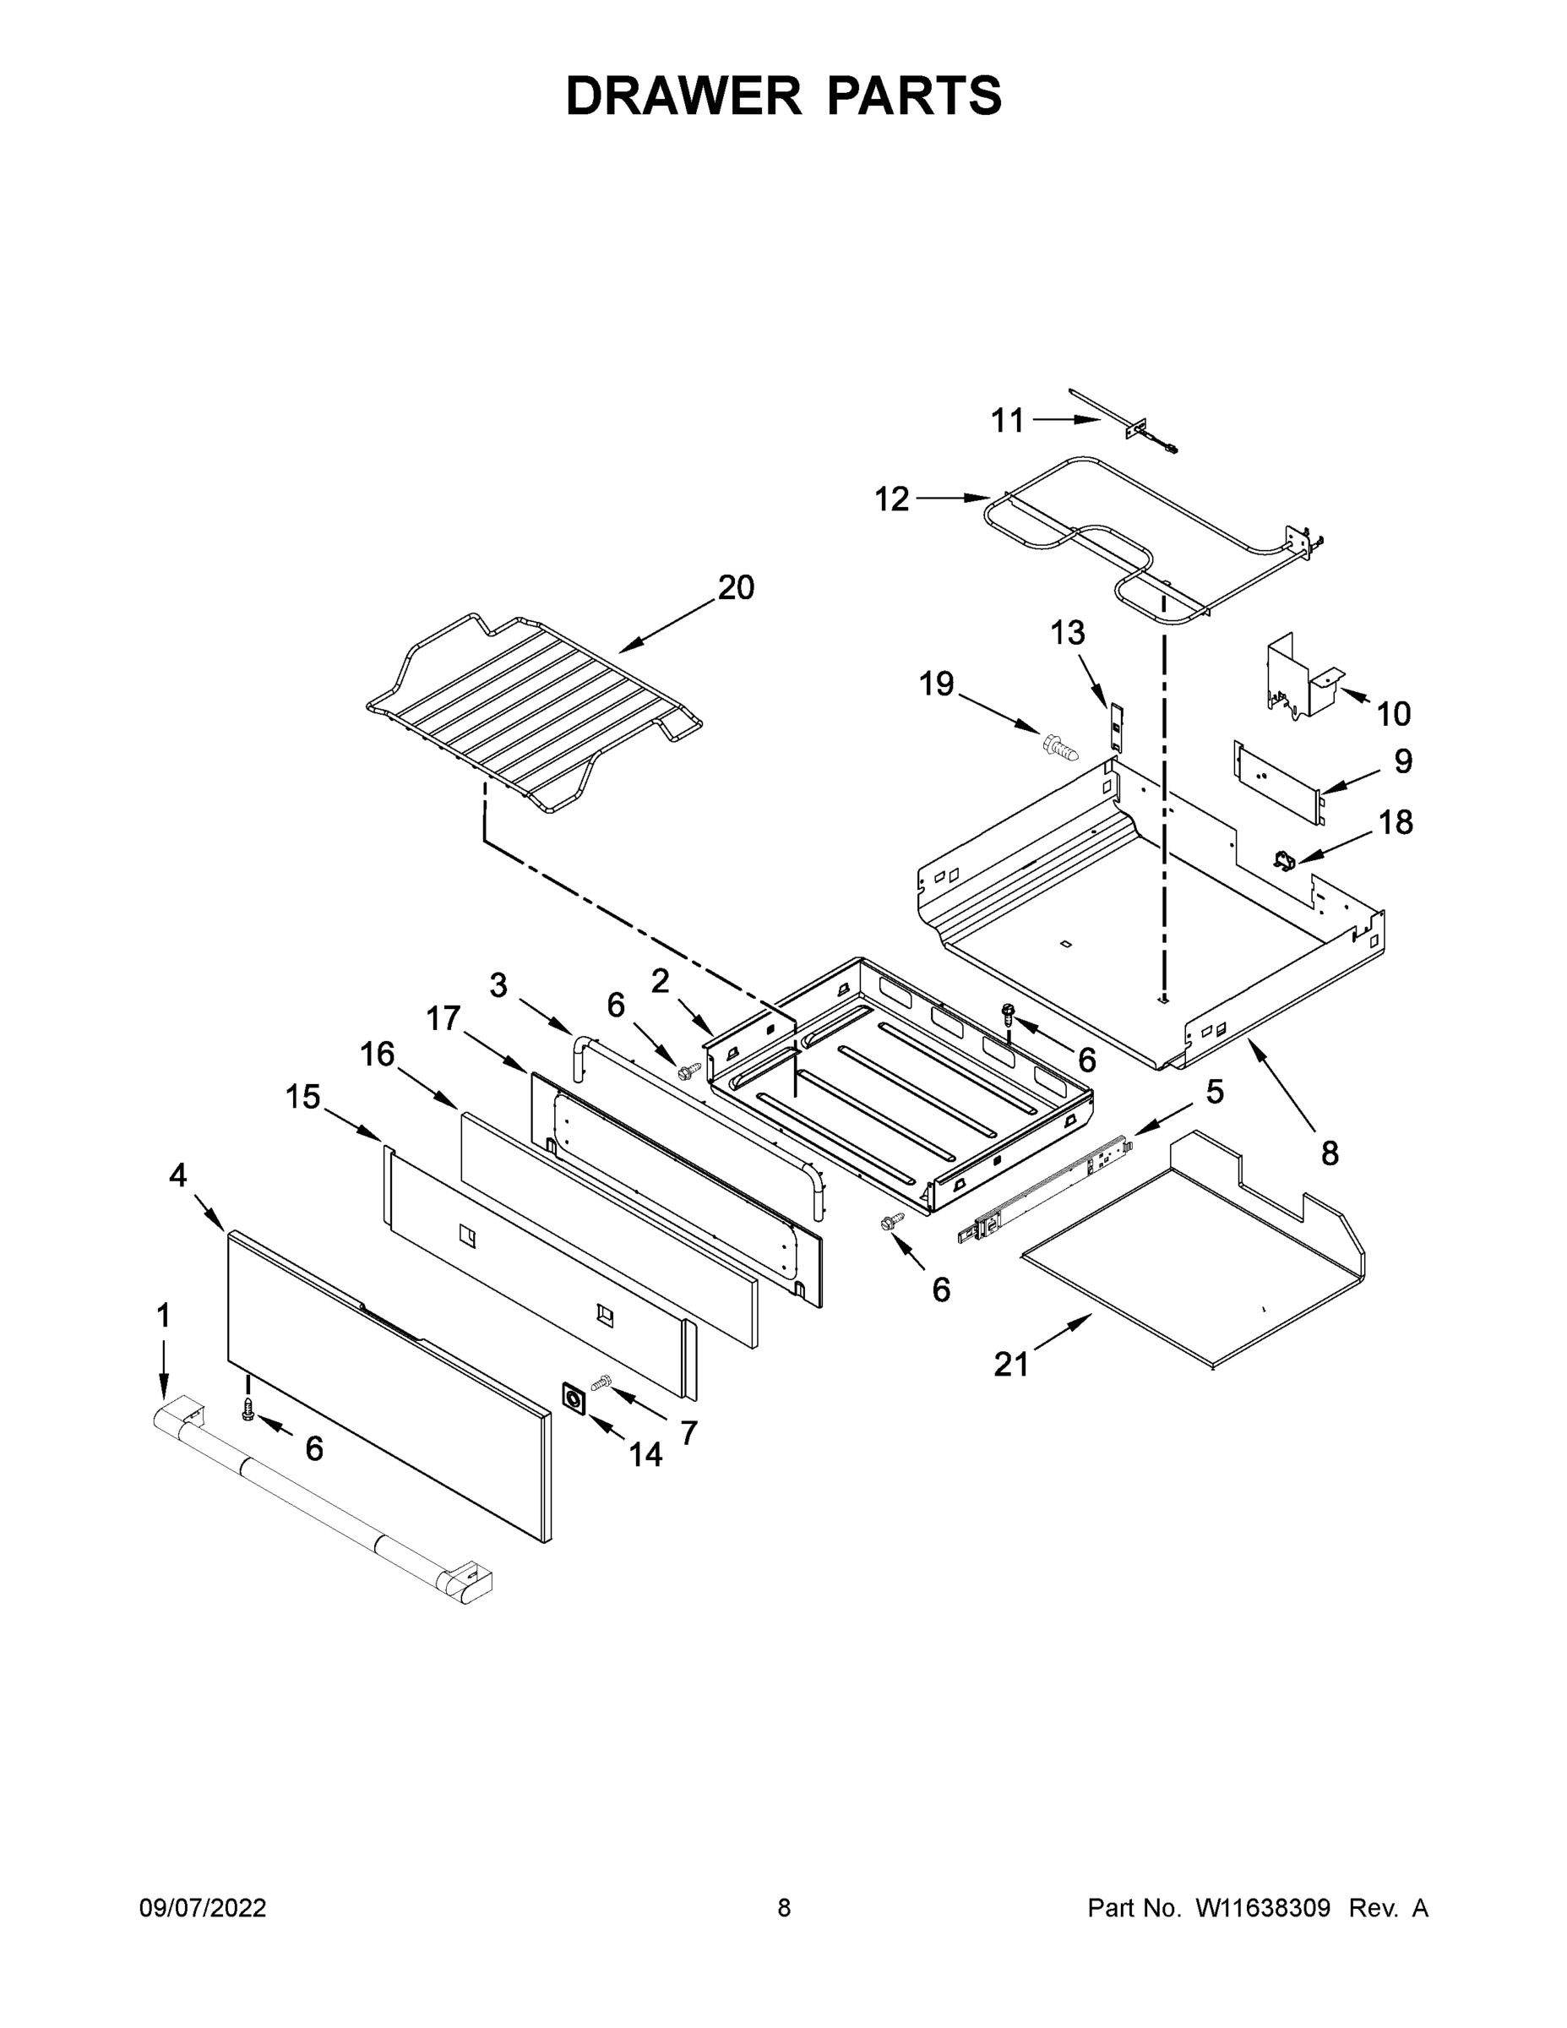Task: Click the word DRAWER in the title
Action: click(x=683, y=95)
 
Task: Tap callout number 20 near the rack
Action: click(x=735, y=587)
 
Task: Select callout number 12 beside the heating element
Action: click(x=891, y=499)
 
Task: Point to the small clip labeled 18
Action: click(x=1285, y=861)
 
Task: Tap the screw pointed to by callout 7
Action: click(x=602, y=1383)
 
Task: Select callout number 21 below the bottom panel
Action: click(x=1011, y=1364)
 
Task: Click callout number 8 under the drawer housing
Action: click(x=1330, y=1153)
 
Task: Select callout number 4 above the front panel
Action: click(x=177, y=1175)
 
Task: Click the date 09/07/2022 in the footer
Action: click(x=203, y=1907)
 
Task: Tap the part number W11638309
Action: click(x=1263, y=1907)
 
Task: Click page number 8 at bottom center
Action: click(x=784, y=1907)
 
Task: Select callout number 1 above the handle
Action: click(x=163, y=1315)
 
